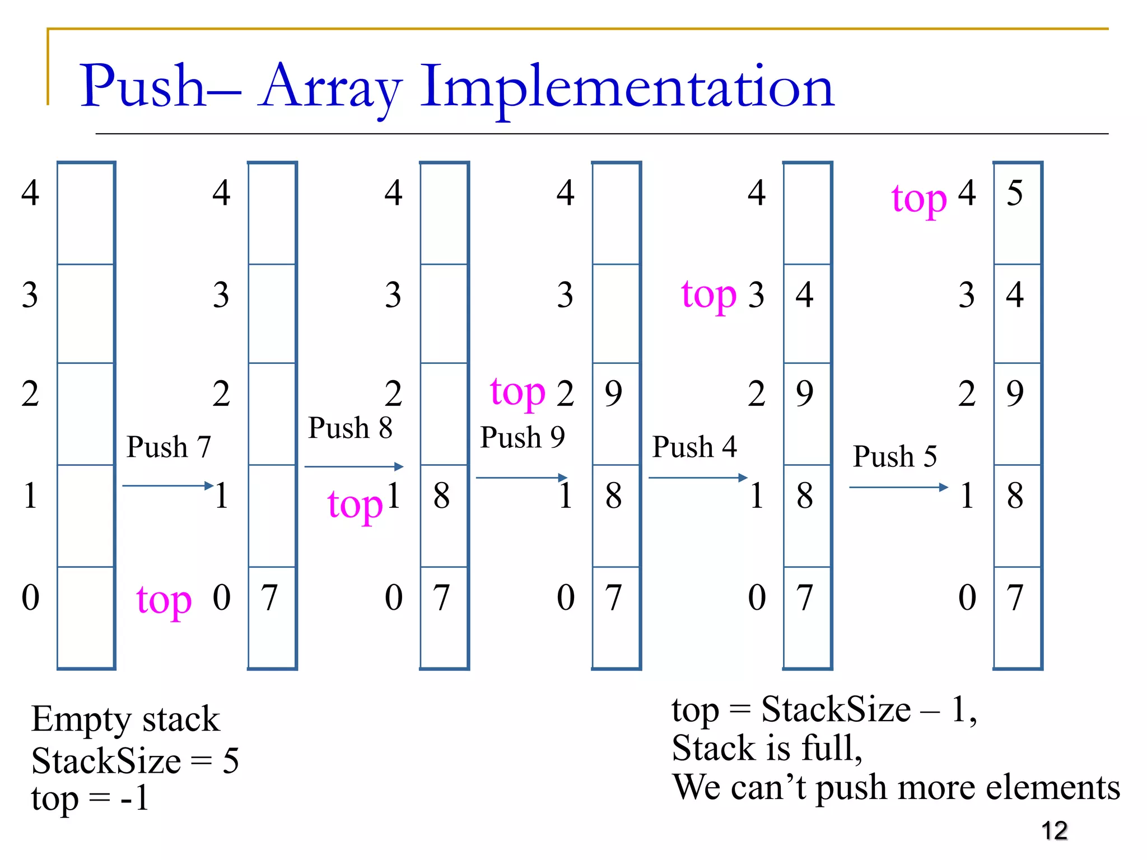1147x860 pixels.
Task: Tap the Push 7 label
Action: [169, 447]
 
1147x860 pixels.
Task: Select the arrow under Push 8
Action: [353, 466]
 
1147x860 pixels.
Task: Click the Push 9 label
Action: [522, 437]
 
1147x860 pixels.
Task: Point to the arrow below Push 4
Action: [697, 478]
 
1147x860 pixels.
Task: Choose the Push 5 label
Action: [894, 456]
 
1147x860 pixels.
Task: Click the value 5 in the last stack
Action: [1014, 193]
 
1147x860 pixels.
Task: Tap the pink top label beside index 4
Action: [918, 199]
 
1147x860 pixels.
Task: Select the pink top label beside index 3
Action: [708, 295]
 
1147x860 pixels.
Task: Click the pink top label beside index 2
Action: [517, 392]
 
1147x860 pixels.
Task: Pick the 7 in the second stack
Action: [269, 597]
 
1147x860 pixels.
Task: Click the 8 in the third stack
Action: [441, 496]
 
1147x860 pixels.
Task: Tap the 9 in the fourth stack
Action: [613, 393]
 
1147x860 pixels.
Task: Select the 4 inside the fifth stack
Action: [804, 295]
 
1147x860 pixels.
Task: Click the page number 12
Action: [1054, 830]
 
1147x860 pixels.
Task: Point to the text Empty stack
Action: [125, 719]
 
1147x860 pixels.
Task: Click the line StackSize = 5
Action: [135, 761]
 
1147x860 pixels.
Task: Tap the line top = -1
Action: [90, 798]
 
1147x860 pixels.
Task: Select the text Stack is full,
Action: [767, 749]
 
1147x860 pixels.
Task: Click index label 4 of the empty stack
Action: [30, 193]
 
